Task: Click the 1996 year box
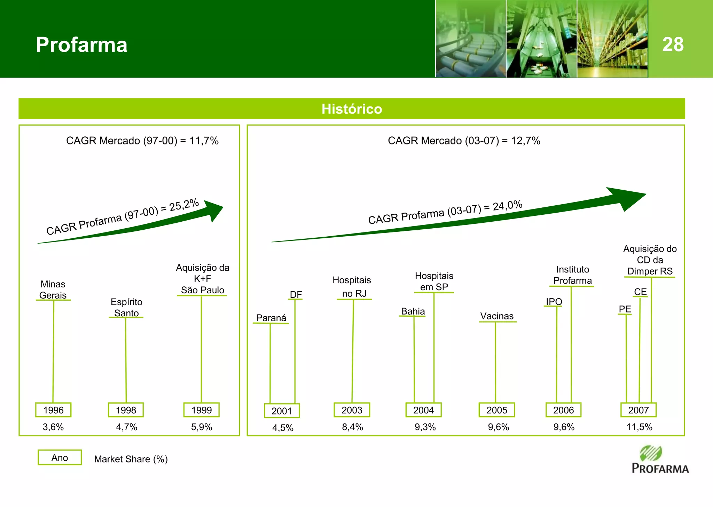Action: tap(53, 410)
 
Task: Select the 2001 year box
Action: tap(282, 411)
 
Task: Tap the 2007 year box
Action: tap(638, 410)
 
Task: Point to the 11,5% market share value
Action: tap(639, 427)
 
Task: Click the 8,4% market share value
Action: tap(352, 427)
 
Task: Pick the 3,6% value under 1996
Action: tap(53, 427)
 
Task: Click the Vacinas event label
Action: tap(497, 316)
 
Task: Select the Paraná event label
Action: tap(271, 318)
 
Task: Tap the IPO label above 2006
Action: tap(554, 301)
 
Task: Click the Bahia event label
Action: tap(413, 311)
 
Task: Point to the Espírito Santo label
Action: tap(126, 307)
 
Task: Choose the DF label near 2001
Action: tap(296, 294)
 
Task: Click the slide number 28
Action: tap(673, 45)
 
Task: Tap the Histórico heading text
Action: tap(352, 109)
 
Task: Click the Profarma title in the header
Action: tap(81, 45)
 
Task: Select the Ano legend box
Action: tap(60, 458)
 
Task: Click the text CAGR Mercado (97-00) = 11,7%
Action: tap(142, 141)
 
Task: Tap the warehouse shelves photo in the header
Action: tap(612, 39)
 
